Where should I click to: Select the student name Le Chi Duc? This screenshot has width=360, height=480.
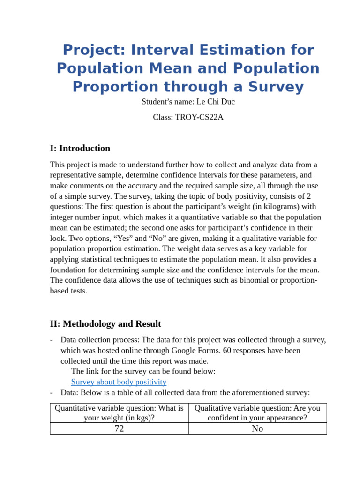(x=216, y=101)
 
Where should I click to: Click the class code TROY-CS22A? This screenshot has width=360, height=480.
(x=200, y=117)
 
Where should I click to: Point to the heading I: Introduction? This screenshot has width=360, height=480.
(x=80, y=149)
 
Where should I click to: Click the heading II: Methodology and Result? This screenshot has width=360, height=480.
(x=105, y=324)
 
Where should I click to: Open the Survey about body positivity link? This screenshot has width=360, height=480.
(x=119, y=382)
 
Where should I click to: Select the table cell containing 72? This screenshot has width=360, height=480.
(x=119, y=428)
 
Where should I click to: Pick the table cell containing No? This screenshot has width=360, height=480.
(x=257, y=428)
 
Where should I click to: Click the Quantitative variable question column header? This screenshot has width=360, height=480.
(x=119, y=412)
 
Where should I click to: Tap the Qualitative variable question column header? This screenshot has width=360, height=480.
(x=257, y=412)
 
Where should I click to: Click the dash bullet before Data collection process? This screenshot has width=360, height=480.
(x=52, y=340)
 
